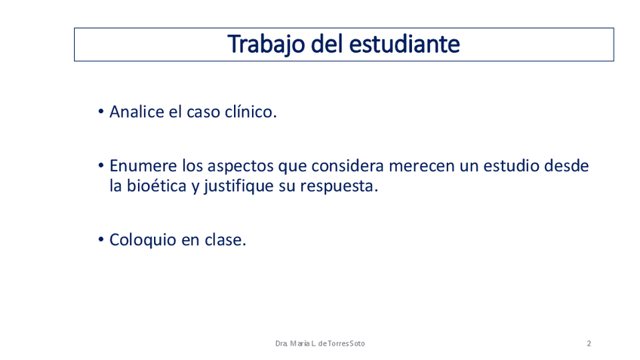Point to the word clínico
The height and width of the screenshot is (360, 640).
pos(251,112)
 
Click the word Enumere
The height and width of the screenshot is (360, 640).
pos(143,166)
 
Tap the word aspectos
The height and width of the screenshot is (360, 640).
pos(241,168)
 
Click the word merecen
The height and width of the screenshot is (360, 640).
pos(422,167)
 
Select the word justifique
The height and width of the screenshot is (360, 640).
pos(238,187)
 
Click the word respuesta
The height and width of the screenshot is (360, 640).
pos(339,187)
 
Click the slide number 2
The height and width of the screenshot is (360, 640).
pos(589,343)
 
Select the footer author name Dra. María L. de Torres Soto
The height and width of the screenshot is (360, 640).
pos(320,343)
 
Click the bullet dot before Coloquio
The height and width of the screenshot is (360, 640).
pos(101,240)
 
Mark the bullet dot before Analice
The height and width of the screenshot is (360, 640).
pos(101,112)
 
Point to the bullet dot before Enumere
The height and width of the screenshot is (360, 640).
pos(101,166)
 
